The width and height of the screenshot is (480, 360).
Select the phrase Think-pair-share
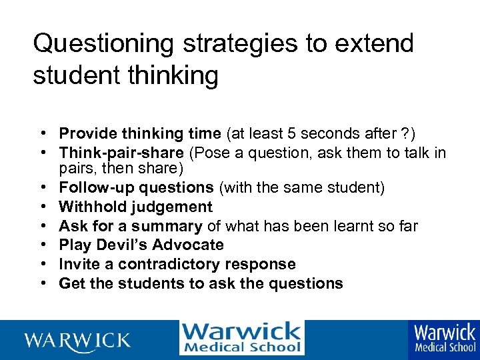[x=122, y=153]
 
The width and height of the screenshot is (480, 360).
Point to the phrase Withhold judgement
[x=135, y=207]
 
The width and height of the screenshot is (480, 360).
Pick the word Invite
[x=77, y=264]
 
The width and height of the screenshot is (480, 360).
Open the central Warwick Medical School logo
[x=241, y=338]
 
